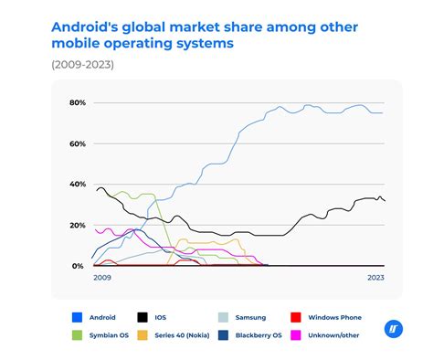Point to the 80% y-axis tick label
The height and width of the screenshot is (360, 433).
click(77, 103)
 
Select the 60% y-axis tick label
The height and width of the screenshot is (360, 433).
click(77, 143)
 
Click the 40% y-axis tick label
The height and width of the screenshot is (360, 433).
click(77, 185)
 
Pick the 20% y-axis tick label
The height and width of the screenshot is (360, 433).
click(77, 225)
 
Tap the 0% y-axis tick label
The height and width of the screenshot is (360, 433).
click(79, 266)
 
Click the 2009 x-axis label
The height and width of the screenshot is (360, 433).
click(101, 277)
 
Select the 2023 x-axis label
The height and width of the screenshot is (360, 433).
click(375, 277)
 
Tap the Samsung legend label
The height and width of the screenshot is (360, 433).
click(249, 317)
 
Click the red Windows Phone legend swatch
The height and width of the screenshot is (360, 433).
click(295, 317)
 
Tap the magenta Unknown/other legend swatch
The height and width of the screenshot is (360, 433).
click(295, 335)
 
